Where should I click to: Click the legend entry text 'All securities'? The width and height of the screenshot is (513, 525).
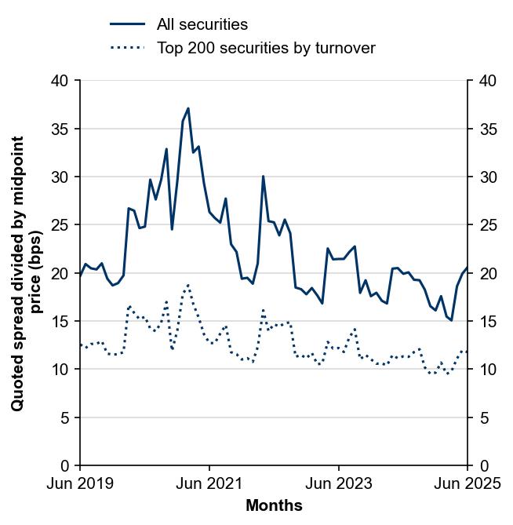[x=202, y=24]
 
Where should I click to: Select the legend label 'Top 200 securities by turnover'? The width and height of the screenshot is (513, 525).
[x=266, y=48]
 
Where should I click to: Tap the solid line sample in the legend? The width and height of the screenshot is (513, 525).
[x=127, y=24]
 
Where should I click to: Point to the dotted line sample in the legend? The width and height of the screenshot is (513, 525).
[x=127, y=48]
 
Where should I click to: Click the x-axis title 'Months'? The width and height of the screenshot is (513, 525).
[x=274, y=505]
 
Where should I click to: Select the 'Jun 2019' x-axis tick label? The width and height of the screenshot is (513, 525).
[x=80, y=484]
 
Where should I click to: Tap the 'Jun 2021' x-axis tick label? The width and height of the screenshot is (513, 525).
[x=209, y=484]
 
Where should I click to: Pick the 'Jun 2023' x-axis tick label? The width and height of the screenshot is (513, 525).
[x=339, y=484]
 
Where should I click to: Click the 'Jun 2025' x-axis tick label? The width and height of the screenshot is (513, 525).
[x=468, y=484]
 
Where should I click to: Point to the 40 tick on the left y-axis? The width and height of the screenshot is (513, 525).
[x=62, y=81]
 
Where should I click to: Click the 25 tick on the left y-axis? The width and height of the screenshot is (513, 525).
[x=62, y=225]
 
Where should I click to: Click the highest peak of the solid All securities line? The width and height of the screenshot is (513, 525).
[x=188, y=108]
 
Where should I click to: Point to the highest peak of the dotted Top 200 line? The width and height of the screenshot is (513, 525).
[x=188, y=284]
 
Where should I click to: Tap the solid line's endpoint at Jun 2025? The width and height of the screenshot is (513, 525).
[x=468, y=268]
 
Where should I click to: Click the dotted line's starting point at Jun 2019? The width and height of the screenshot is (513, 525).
[x=80, y=345]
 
